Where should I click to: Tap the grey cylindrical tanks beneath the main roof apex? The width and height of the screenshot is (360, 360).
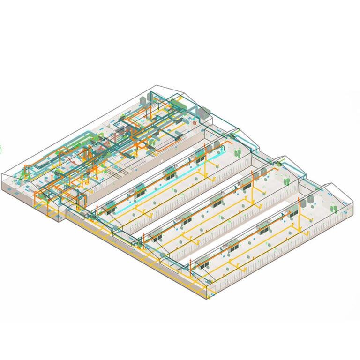tap(152, 97)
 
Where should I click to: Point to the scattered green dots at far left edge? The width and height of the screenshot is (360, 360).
tap(1, 149)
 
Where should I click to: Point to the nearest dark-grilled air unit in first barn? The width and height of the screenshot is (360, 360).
tap(110, 207)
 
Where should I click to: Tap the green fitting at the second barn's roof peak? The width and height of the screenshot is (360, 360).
tap(280, 163)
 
